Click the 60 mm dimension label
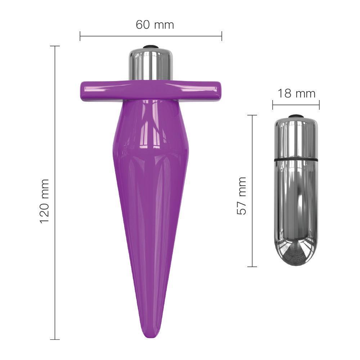(155, 25)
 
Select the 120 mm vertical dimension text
(44, 201)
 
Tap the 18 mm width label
(296, 94)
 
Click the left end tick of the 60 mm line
(80, 36)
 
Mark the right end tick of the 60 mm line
(222, 36)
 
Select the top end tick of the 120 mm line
(55, 46)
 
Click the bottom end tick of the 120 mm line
(55, 339)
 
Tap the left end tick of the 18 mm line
(273, 105)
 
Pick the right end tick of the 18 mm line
(319, 105)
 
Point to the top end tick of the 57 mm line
(252, 115)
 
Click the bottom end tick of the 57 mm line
(252, 267)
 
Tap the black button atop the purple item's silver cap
(150, 47)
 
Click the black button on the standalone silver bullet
(296, 116)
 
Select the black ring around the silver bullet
(296, 158)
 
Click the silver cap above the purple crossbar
(150, 63)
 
